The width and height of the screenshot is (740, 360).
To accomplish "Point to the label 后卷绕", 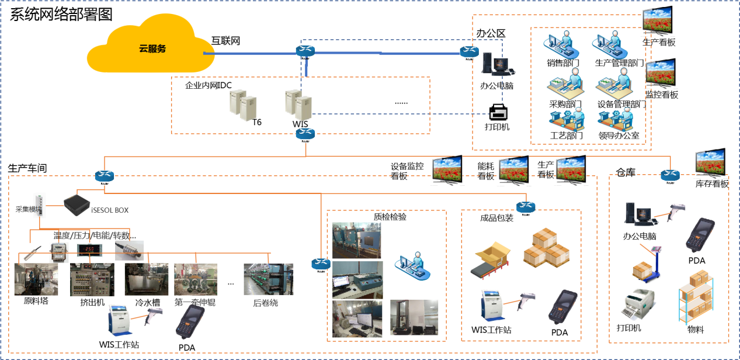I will pyautogui.click(x=265, y=303).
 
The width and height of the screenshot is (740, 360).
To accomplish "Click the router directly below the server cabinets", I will pyautogui.click(x=305, y=133).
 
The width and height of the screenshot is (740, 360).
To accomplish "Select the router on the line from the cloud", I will pyautogui.click(x=305, y=51).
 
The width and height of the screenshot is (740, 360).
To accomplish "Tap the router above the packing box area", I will pyautogui.click(x=526, y=206).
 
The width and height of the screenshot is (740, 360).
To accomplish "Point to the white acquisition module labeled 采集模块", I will pyautogui.click(x=39, y=206).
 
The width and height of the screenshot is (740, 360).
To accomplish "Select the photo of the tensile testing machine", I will pyautogui.click(x=414, y=319).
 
